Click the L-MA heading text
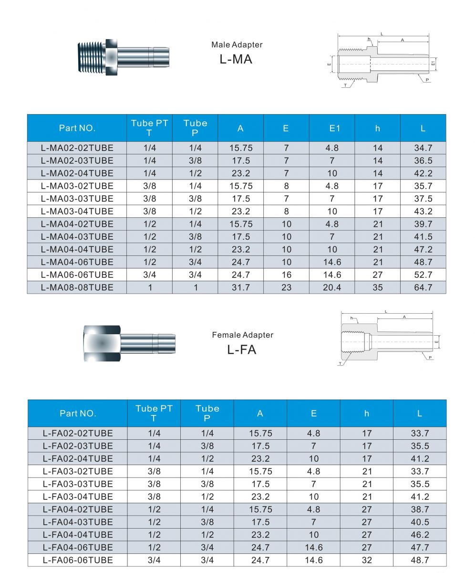pyautogui.click(x=236, y=59)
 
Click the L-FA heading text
pyautogui.click(x=242, y=350)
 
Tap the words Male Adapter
pyautogui.click(x=237, y=45)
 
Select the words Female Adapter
pyautogui.click(x=243, y=335)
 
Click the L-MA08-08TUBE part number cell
pyautogui.click(x=77, y=287)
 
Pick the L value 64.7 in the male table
pyautogui.click(x=423, y=287)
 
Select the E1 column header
pyautogui.click(x=332, y=128)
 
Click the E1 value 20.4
pyautogui.click(x=332, y=287)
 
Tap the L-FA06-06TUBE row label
pyautogui.click(x=78, y=560)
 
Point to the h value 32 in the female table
pyautogui.click(x=366, y=560)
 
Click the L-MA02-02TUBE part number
pyautogui.click(x=77, y=148)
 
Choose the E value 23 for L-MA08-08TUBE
pyautogui.click(x=286, y=287)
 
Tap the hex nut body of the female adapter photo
pyautogui.click(x=102, y=343)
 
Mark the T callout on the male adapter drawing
pyautogui.click(x=345, y=86)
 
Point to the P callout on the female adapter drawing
pyautogui.click(x=430, y=358)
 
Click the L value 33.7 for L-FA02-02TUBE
pyautogui.click(x=420, y=433)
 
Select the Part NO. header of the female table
pyautogui.click(x=78, y=414)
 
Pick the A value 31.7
pyautogui.click(x=240, y=287)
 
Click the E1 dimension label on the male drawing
pyautogui.click(x=433, y=63)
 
